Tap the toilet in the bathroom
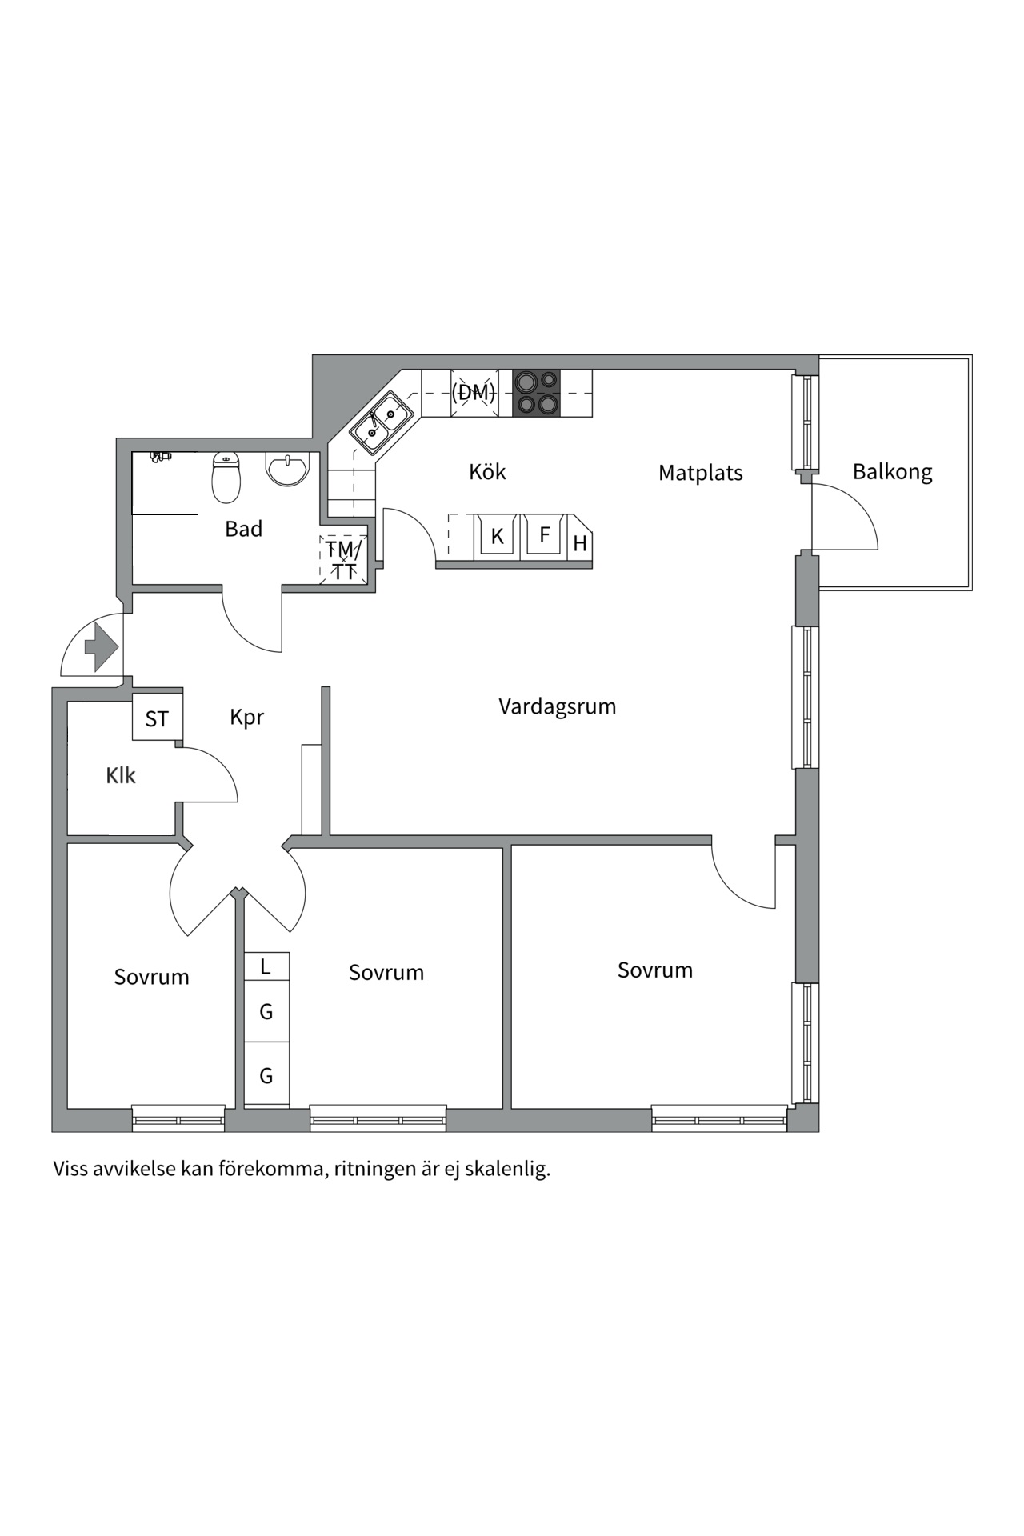(x=226, y=478)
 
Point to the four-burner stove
(x=536, y=393)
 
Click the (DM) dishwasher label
(x=474, y=392)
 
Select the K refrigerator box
(x=498, y=536)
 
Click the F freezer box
(x=544, y=534)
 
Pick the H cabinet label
(x=580, y=544)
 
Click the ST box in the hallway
(x=157, y=718)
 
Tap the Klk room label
(x=121, y=775)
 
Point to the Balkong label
(x=892, y=471)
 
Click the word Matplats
(x=700, y=473)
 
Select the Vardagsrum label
(x=557, y=706)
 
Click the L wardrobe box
(x=266, y=966)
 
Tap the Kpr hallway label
(x=246, y=717)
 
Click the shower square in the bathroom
(x=165, y=484)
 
